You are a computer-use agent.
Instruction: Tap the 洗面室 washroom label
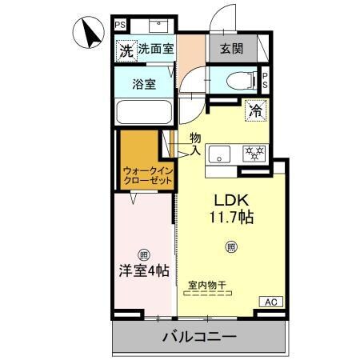[x=155, y=49]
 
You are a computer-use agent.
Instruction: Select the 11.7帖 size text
[x=231, y=217]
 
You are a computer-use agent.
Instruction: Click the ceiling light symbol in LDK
[x=231, y=246]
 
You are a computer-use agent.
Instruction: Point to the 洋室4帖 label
[x=144, y=271]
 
